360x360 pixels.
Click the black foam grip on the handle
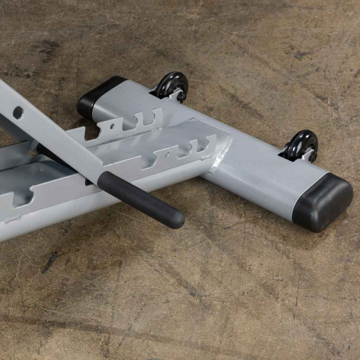141,199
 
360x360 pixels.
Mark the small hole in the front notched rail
167,155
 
